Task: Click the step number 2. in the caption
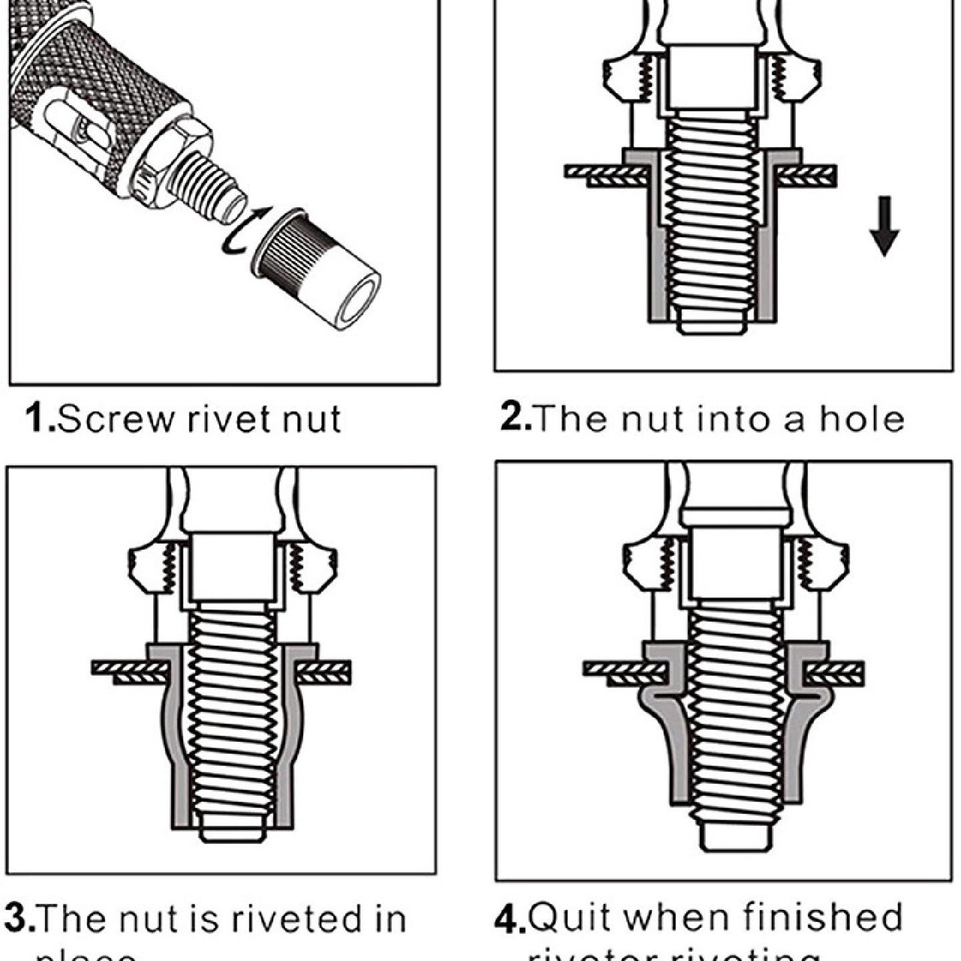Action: (515, 418)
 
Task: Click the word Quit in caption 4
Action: (570, 918)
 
